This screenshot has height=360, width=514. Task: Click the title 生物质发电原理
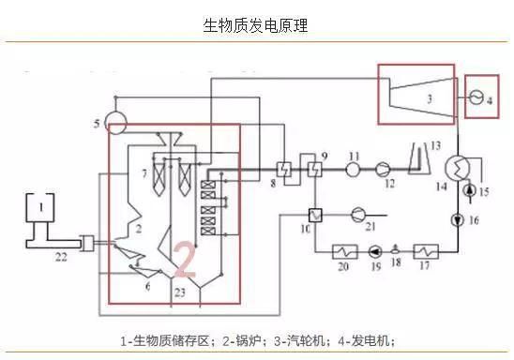(x=255, y=25)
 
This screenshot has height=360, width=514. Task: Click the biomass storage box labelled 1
(x=39, y=207)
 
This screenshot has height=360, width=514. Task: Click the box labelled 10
(x=315, y=215)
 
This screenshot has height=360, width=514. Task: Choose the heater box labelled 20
(x=343, y=250)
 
